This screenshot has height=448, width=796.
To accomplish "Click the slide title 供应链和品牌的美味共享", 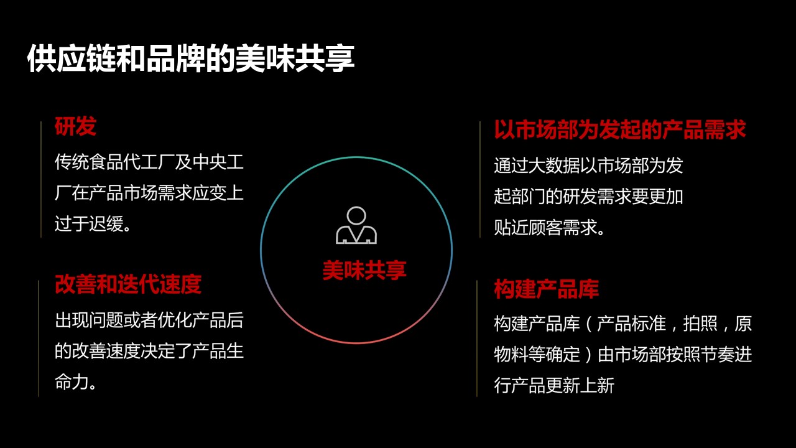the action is click(191, 58).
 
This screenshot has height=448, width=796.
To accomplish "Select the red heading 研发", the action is click(75, 126).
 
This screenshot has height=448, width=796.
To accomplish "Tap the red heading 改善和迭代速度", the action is click(128, 284).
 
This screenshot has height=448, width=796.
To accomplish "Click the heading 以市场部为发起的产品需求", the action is click(620, 129).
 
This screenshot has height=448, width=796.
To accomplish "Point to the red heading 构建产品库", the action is click(546, 289).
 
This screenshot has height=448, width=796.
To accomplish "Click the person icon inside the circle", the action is click(356, 225).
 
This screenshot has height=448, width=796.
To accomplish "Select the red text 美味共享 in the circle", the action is click(364, 270).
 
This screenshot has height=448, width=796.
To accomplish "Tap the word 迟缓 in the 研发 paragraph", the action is click(106, 224).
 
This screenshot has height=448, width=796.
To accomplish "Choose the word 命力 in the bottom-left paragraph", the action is click(72, 383).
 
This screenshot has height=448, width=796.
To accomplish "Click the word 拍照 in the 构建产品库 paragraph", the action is click(700, 324).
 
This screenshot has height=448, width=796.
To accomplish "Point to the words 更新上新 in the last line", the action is click(580, 385).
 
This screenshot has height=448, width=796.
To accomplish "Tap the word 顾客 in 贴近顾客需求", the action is click(545, 228).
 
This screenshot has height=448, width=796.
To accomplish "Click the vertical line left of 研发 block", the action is click(41, 179).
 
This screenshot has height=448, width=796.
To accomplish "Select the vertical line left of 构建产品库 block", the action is click(477, 338).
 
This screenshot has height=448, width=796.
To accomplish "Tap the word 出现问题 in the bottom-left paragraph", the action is click(89, 320).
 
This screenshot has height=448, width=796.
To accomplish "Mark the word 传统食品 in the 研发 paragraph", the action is click(89, 162).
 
